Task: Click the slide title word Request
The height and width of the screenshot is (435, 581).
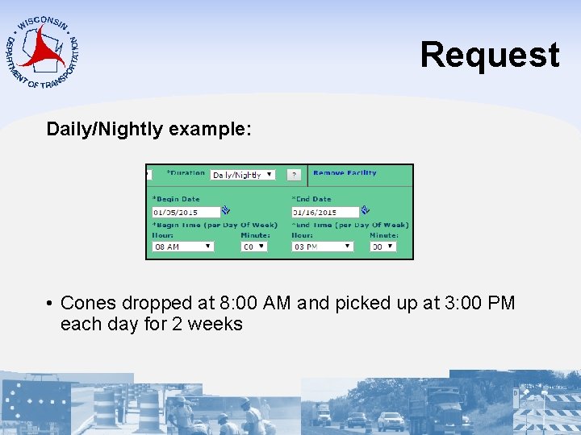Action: coord(489,55)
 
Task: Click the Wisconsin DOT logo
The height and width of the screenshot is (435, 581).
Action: coord(43,52)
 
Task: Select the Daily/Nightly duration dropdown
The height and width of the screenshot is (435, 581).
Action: coord(242,175)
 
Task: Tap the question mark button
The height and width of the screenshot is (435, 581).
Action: coord(295,174)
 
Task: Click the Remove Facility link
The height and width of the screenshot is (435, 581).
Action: coord(345,173)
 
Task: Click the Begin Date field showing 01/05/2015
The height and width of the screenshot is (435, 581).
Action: coord(186,212)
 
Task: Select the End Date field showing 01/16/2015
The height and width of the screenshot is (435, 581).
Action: coord(324,212)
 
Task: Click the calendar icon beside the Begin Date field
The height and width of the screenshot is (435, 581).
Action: coord(226,211)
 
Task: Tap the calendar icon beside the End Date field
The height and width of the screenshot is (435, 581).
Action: coord(365,211)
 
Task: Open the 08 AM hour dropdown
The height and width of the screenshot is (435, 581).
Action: coord(183,246)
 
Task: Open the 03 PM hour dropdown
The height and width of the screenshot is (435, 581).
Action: coord(323,246)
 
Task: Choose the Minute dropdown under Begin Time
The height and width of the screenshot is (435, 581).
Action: coord(254,246)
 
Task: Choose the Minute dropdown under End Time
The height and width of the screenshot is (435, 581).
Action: coord(383,246)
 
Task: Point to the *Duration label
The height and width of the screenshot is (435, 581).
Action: coord(186,173)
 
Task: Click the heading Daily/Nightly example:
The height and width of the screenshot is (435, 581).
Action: coord(149,129)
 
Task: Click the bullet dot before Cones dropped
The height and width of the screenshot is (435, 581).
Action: coord(49,304)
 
